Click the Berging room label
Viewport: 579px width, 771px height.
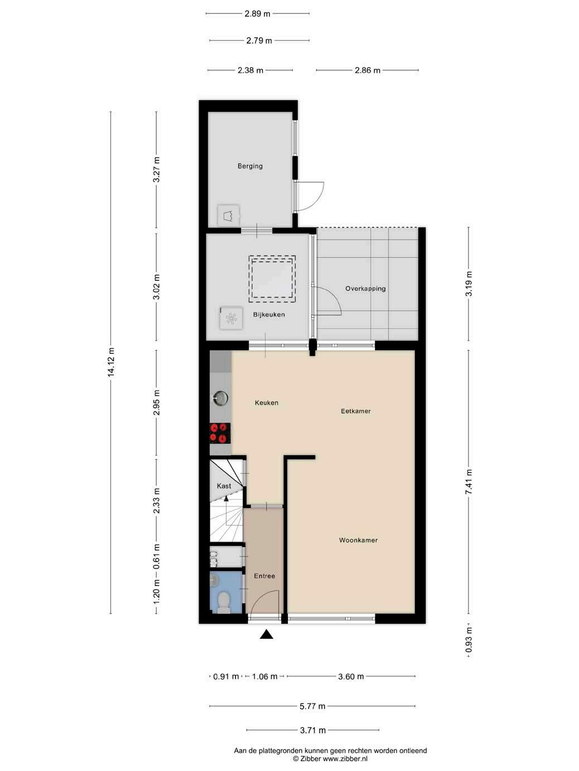tap(250, 166)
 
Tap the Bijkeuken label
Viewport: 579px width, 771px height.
tap(269, 315)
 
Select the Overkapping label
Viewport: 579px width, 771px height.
tap(365, 289)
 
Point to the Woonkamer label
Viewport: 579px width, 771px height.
tap(358, 540)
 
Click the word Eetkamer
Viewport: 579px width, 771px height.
tap(356, 411)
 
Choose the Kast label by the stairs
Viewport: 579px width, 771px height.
tap(224, 486)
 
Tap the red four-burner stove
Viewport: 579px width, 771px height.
tap(220, 433)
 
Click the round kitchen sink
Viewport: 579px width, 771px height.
tap(220, 398)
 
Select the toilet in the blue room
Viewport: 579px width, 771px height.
tap(224, 602)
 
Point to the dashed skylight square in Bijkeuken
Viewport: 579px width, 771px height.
tap(272, 279)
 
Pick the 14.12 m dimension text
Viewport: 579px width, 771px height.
tap(111, 362)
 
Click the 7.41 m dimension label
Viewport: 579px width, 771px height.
tap(469, 482)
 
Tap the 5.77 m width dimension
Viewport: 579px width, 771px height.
tap(312, 706)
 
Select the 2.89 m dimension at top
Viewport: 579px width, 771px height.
tap(257, 14)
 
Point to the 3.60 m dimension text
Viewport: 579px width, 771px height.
tap(351, 676)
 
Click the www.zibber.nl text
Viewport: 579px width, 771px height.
tap(345, 759)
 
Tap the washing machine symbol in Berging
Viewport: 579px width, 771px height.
tap(229, 216)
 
